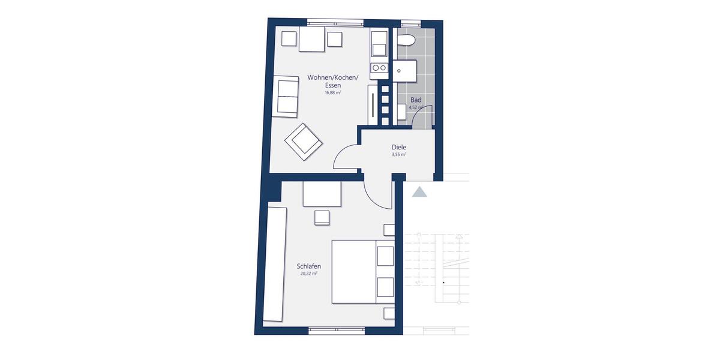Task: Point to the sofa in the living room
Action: [x=286, y=96]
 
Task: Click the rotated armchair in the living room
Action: [x=304, y=142]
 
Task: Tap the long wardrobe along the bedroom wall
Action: [x=277, y=264]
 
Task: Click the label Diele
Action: [x=399, y=146]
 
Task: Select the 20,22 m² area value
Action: [x=308, y=274]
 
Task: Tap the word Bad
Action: [x=416, y=100]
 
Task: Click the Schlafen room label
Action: [x=308, y=266]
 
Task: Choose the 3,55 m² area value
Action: [x=399, y=154]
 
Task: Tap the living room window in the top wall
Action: [x=335, y=22]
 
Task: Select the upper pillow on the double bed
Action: [x=385, y=255]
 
